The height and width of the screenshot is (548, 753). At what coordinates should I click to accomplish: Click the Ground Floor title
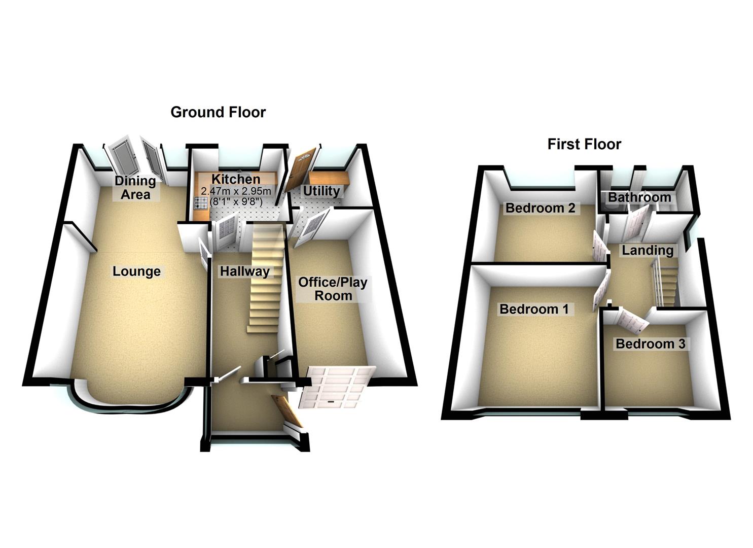click(218, 112)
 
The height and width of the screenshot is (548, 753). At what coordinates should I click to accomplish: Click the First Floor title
click(584, 145)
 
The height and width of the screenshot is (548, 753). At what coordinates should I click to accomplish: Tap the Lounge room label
click(136, 271)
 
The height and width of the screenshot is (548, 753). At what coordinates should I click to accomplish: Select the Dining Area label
click(135, 188)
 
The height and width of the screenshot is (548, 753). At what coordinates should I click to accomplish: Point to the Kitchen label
click(236, 179)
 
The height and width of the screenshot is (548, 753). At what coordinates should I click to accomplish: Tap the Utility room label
click(321, 191)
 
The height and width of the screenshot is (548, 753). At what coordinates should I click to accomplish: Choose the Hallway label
click(244, 271)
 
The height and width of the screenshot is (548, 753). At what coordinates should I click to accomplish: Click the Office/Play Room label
click(333, 289)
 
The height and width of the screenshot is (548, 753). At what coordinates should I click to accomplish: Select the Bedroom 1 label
click(534, 309)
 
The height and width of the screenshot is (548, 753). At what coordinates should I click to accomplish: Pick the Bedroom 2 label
click(540, 208)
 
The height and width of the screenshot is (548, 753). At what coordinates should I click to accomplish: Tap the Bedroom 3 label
click(650, 344)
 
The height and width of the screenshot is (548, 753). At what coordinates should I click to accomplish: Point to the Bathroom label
click(639, 197)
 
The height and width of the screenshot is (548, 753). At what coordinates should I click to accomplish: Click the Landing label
click(648, 250)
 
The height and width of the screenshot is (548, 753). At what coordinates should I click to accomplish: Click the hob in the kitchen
click(199, 203)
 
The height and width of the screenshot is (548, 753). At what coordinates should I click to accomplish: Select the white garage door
click(335, 387)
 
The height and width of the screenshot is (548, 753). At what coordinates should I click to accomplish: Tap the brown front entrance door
click(287, 410)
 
